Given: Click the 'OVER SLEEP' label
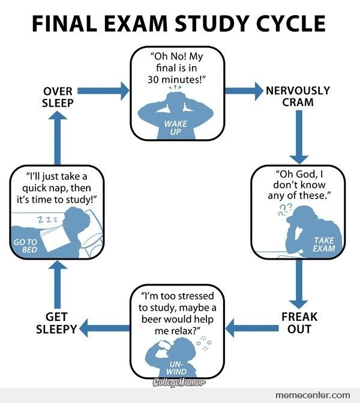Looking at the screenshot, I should click(58, 96).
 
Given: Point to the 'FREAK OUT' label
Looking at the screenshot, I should click(299, 321).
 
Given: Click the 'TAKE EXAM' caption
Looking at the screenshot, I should click(323, 244).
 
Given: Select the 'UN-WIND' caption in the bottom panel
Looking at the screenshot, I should click(176, 368).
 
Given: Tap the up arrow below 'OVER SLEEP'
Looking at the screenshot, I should click(58, 138).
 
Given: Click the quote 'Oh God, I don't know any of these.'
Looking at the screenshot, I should click(298, 186).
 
